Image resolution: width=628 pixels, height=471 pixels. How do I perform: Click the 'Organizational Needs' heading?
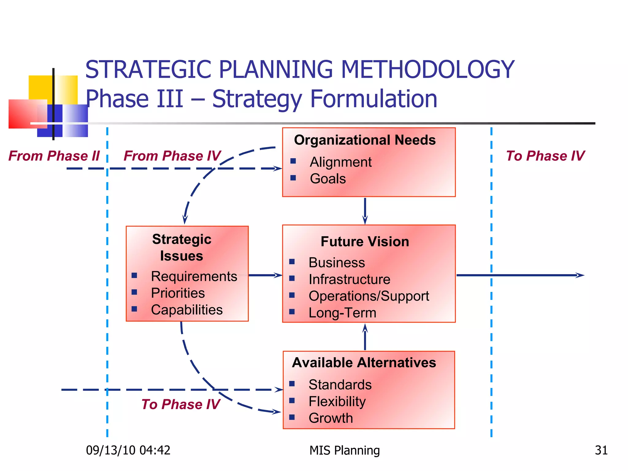[365, 140]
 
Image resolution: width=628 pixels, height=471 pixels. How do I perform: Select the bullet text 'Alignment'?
[340, 162]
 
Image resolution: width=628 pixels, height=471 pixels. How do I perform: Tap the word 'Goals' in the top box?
[327, 179]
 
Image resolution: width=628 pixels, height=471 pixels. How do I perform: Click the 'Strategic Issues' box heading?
[182, 247]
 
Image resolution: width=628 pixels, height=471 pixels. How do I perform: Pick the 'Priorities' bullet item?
[178, 293]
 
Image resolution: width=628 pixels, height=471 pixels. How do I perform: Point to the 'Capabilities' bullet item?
[186, 310]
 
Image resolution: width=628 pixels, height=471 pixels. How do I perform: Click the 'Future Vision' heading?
[365, 242]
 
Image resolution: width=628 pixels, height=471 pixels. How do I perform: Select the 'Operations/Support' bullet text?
[369, 296]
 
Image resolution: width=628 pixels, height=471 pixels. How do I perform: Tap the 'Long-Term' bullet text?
[342, 313]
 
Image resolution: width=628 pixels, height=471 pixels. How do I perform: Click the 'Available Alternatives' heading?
[364, 363]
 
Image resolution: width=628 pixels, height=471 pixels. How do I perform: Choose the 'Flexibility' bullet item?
[337, 401]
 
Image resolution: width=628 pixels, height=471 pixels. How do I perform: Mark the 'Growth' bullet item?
[331, 418]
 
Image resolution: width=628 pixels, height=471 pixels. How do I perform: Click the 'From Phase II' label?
[54, 156]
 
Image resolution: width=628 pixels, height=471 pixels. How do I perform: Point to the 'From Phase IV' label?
[172, 156]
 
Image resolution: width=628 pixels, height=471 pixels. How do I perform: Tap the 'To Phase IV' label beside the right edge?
[545, 156]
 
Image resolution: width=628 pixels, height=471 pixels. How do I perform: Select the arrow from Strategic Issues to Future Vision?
[265, 275]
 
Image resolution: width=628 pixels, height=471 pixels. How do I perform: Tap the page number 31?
[601, 450]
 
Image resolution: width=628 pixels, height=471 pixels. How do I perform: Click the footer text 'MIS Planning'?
[344, 450]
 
